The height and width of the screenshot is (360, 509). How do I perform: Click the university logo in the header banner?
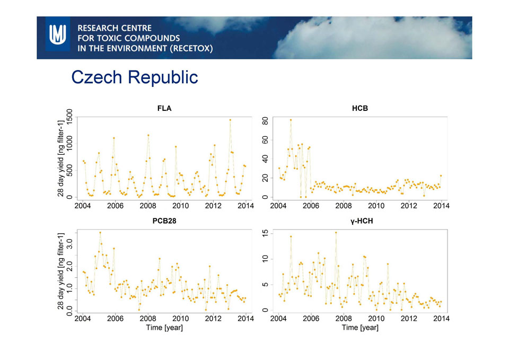tap(58, 37)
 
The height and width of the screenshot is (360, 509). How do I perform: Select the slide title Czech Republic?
tap(134, 77)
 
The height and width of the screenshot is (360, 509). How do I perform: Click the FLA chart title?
tap(164, 109)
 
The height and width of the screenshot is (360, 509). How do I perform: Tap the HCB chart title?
tap(359, 109)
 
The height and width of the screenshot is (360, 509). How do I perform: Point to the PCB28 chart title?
tap(164, 221)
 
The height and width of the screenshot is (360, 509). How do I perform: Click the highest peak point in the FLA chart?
tap(230, 120)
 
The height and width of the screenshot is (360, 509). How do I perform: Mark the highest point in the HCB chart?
tap(291, 120)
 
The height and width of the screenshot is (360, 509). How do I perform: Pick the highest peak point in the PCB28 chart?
tap(100, 232)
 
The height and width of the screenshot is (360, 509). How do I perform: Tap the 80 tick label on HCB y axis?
tap(265, 121)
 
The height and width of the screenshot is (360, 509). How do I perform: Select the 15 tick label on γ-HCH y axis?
tap(265, 233)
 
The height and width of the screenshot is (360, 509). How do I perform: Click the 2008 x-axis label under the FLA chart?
tap(148, 206)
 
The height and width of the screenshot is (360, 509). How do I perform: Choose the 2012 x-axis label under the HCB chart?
tap(409, 206)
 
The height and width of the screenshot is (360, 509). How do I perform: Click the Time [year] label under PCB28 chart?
tap(164, 328)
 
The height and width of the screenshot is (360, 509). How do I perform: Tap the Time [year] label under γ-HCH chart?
tap(360, 328)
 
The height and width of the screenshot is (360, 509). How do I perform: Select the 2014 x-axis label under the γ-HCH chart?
tap(441, 319)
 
